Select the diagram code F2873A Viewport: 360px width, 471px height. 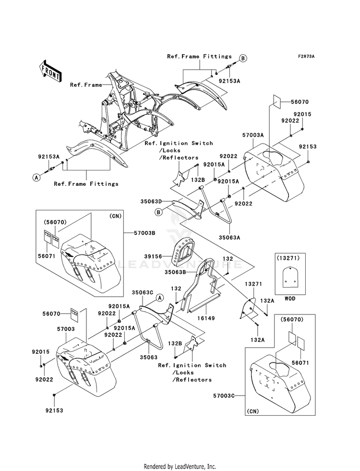306,57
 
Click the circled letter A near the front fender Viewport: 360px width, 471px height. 36,177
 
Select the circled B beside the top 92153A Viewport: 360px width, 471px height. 243,58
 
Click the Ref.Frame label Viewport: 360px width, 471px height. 86,85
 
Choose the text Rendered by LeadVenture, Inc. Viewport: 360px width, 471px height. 180,466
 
